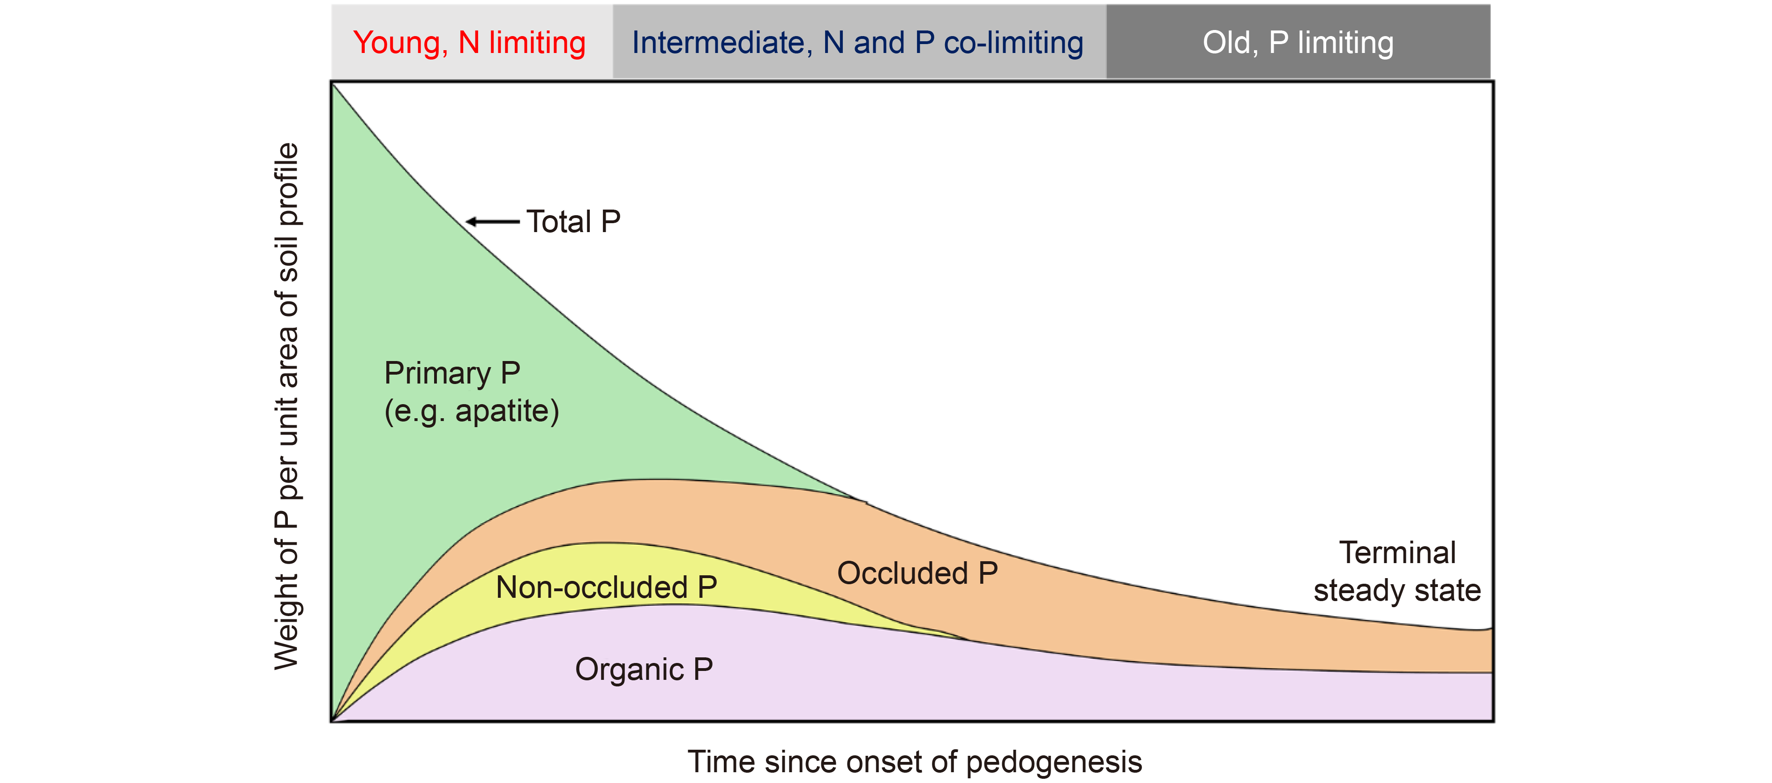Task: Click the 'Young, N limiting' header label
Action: (469, 43)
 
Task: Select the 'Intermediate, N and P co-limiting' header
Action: (858, 43)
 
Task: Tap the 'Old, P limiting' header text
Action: (1298, 43)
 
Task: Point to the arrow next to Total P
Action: (493, 222)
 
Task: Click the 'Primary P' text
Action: (452, 373)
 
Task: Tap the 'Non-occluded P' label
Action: (607, 587)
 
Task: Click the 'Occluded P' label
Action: (918, 573)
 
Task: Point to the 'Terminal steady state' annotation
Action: (1397, 572)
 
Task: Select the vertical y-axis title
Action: (287, 406)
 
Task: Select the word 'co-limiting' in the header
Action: (1014, 43)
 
